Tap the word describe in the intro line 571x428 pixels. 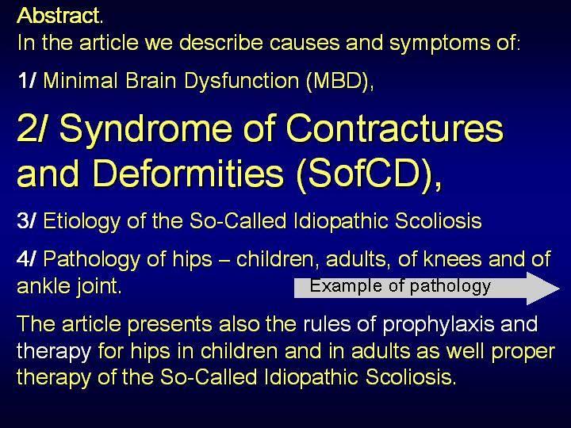click(221, 43)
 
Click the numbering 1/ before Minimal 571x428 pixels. click(27, 80)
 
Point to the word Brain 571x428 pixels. click(151, 80)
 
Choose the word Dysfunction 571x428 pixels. click(242, 81)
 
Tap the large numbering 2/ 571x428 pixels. click(31, 128)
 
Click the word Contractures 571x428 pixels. click(395, 128)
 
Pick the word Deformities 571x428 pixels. click(189, 172)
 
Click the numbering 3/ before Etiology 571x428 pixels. click(27, 220)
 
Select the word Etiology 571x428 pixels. click(82, 222)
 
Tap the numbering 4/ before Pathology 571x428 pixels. click(27, 258)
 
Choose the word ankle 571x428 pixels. click(43, 285)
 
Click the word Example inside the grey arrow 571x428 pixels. click(346, 286)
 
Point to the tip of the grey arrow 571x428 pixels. click(560, 289)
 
